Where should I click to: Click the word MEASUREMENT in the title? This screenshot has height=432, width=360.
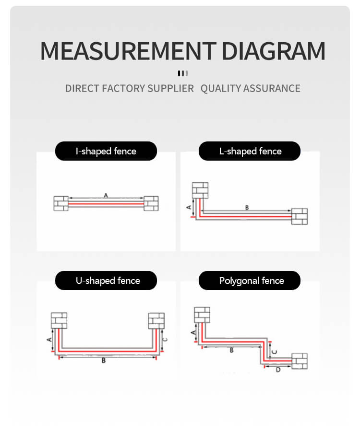(x=128, y=51)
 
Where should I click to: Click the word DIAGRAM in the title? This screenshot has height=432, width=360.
(x=274, y=51)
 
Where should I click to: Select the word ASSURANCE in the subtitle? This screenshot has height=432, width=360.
(x=272, y=88)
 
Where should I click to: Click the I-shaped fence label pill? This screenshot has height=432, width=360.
(x=106, y=151)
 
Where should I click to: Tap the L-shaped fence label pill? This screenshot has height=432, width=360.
(x=250, y=151)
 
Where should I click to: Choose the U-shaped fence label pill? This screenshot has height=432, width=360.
(x=106, y=280)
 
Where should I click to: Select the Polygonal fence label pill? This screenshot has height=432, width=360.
(x=250, y=280)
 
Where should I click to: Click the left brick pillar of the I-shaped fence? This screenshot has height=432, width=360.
(x=61, y=203)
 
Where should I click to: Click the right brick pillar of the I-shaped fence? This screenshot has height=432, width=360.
(x=151, y=203)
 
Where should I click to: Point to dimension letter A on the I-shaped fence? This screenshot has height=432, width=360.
(x=106, y=195)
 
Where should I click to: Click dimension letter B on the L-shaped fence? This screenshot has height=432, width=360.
(x=247, y=208)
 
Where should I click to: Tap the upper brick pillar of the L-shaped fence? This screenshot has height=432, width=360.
(x=200, y=190)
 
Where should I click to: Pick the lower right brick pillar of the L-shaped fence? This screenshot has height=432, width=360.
(x=300, y=216)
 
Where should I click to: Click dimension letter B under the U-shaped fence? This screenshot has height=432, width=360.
(x=104, y=361)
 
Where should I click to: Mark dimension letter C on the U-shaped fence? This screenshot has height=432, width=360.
(x=165, y=339)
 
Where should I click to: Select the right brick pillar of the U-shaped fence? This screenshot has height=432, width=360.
(x=156, y=321)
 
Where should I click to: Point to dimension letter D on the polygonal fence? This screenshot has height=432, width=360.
(x=278, y=370)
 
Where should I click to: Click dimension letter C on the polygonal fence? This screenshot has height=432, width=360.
(x=275, y=352)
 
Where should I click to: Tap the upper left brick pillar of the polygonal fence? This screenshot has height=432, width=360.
(x=202, y=315)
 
